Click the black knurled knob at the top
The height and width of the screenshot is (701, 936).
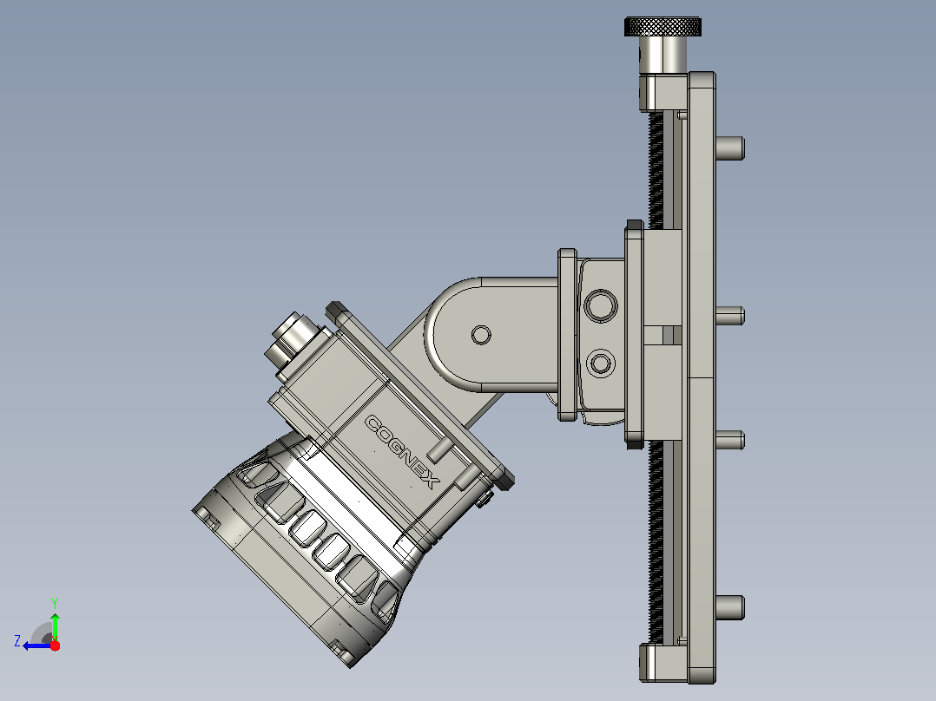pos(662,26)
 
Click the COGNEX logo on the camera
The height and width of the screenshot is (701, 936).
pos(402,452)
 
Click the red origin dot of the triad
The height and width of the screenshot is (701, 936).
pos(55,645)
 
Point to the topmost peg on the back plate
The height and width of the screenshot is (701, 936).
pos(730,148)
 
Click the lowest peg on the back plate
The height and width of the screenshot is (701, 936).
pos(730,607)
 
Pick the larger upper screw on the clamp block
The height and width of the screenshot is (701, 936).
pos(601,305)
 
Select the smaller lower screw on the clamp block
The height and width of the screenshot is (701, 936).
pos(601,363)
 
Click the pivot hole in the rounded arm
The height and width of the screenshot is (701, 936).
pos(481,335)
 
